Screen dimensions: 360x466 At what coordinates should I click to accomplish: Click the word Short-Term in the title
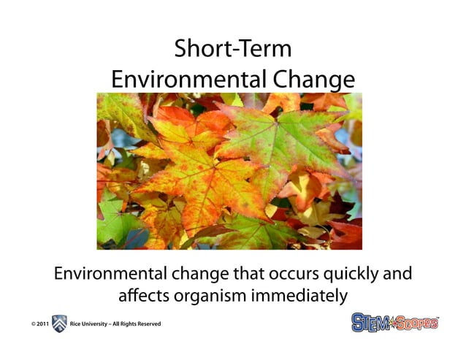232,50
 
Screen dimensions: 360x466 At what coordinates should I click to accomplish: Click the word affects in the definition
142,297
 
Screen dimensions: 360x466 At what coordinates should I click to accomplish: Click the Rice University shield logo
59,323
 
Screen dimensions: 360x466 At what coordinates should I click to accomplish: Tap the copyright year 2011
42,323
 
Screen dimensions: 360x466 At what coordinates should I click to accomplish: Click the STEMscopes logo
394,322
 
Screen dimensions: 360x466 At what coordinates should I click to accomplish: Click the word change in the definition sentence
195,275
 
